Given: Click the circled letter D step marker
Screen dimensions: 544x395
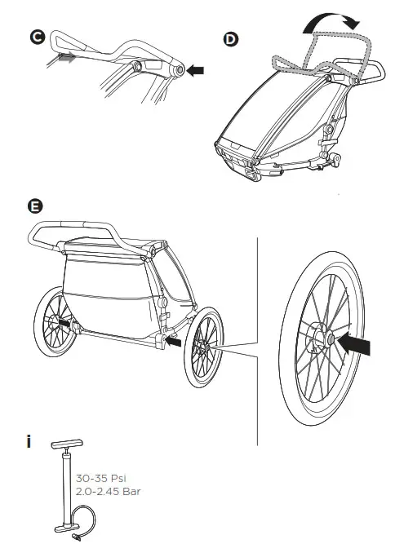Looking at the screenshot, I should tap(231, 38).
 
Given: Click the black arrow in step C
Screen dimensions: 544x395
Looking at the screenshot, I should tap(196, 71).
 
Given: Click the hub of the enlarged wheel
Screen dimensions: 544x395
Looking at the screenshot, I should tap(321, 336).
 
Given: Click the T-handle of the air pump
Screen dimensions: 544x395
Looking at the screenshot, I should tap(65, 448).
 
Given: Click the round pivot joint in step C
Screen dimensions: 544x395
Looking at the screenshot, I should tap(177, 71).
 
